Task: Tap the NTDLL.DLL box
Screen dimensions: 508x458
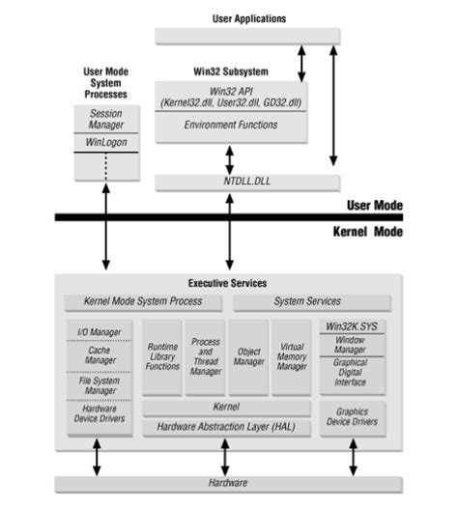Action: pos(247,181)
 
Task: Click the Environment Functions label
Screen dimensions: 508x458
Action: pos(229,126)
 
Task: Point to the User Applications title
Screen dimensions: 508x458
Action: pos(248,18)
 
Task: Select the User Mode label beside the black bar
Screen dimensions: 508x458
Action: pos(375,205)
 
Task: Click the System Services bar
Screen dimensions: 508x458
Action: pos(312,301)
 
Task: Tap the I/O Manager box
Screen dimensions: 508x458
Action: pos(100,332)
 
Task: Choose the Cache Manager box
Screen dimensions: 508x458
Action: pos(100,356)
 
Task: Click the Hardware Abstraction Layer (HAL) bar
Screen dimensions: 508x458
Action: pos(226,426)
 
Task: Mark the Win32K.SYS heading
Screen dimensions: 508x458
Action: pos(352,326)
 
